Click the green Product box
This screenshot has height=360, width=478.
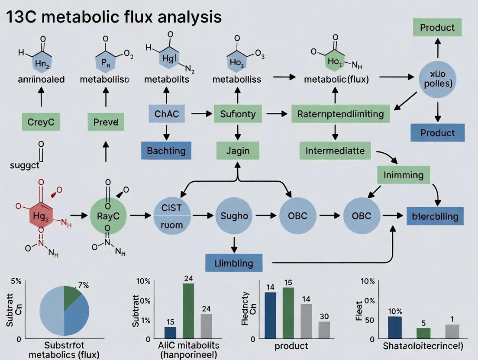(x=437, y=27)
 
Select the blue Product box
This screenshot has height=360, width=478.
(x=437, y=133)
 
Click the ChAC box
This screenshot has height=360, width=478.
(x=166, y=114)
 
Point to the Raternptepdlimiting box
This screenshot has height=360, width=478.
(x=340, y=114)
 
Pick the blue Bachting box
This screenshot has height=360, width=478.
(x=166, y=151)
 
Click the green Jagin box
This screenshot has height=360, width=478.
(x=238, y=151)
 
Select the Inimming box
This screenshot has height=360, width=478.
(x=404, y=175)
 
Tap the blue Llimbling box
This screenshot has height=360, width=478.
(x=234, y=263)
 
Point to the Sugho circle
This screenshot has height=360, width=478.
(x=234, y=215)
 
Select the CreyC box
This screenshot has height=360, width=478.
(x=41, y=122)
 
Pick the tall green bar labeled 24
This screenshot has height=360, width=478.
(x=188, y=310)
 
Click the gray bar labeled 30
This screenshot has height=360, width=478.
(x=324, y=330)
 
